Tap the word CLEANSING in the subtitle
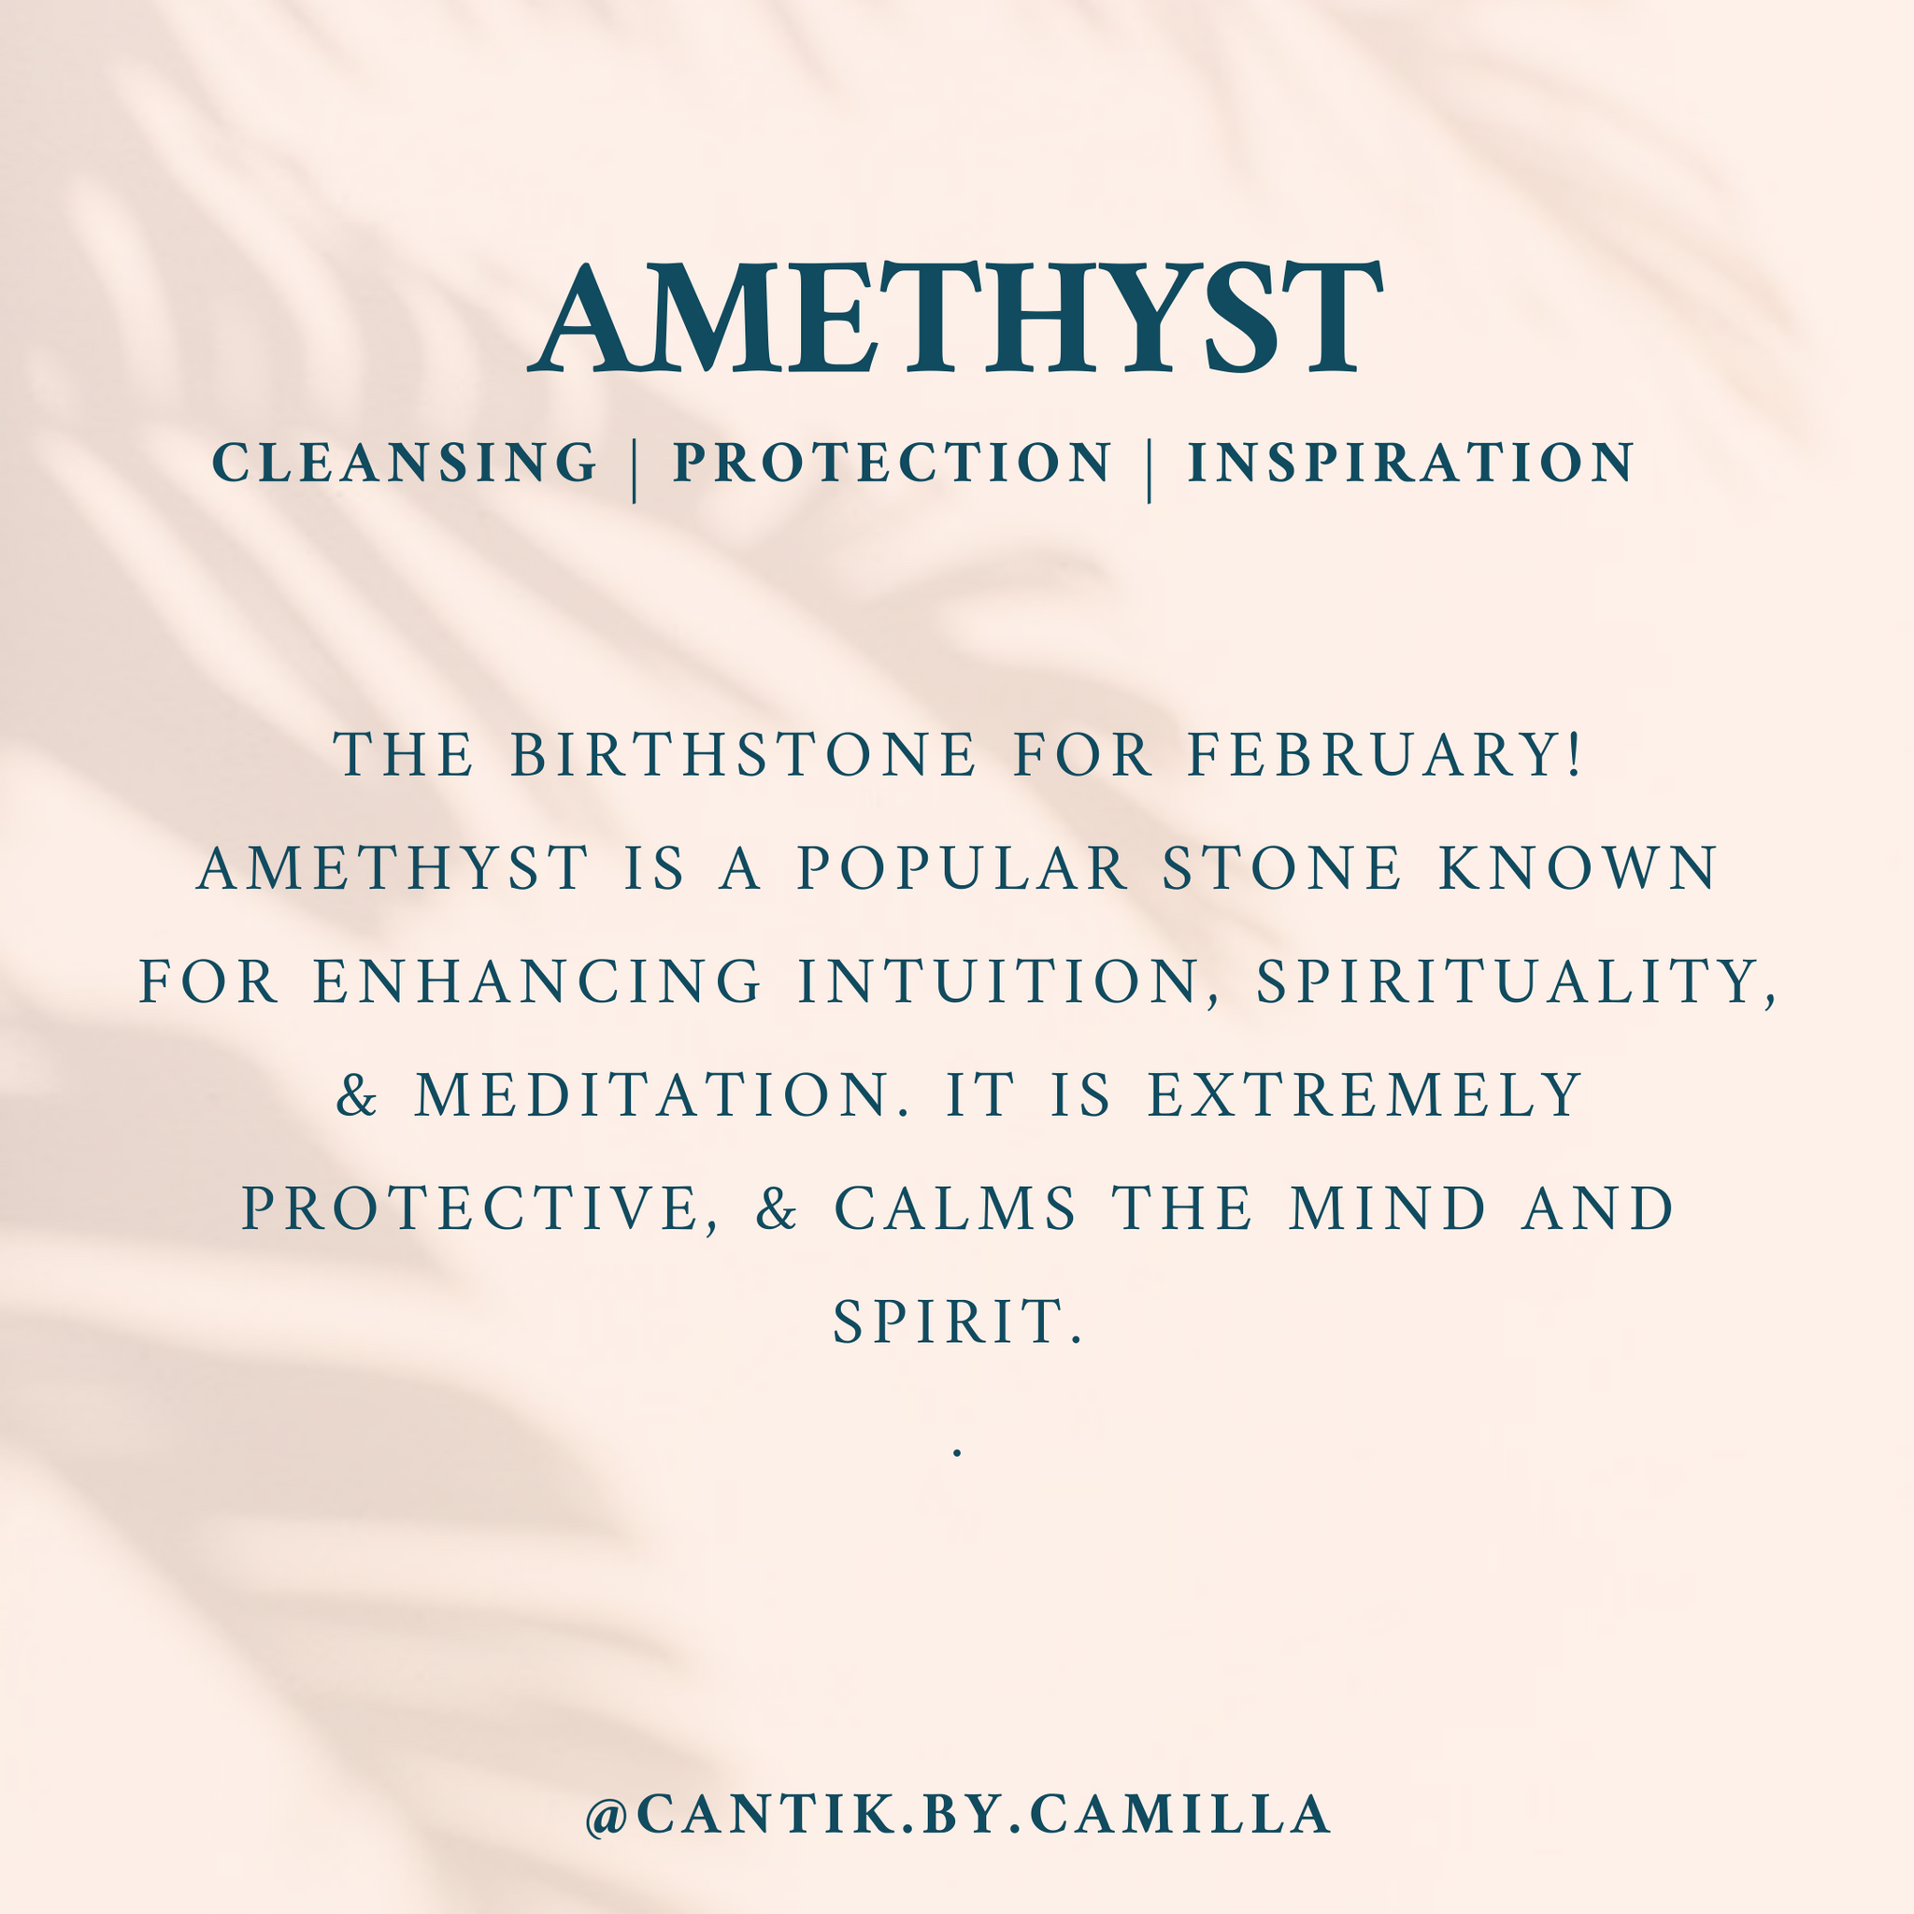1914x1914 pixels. click(x=406, y=463)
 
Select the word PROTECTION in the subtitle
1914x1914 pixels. click(x=892, y=463)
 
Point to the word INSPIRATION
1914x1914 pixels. click(x=1410, y=463)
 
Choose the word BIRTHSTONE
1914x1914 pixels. click(x=744, y=754)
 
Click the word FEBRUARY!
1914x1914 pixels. click(x=1383, y=754)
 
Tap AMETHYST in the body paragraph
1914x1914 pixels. click(x=393, y=868)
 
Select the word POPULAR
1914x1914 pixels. click(x=963, y=868)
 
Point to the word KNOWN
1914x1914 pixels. click(x=1578, y=868)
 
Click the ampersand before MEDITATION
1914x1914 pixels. click(x=357, y=1094)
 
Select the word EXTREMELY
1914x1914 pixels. click(x=1364, y=1094)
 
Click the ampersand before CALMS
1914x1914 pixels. click(x=777, y=1208)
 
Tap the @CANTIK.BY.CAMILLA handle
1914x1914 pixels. click(x=957, y=1814)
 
